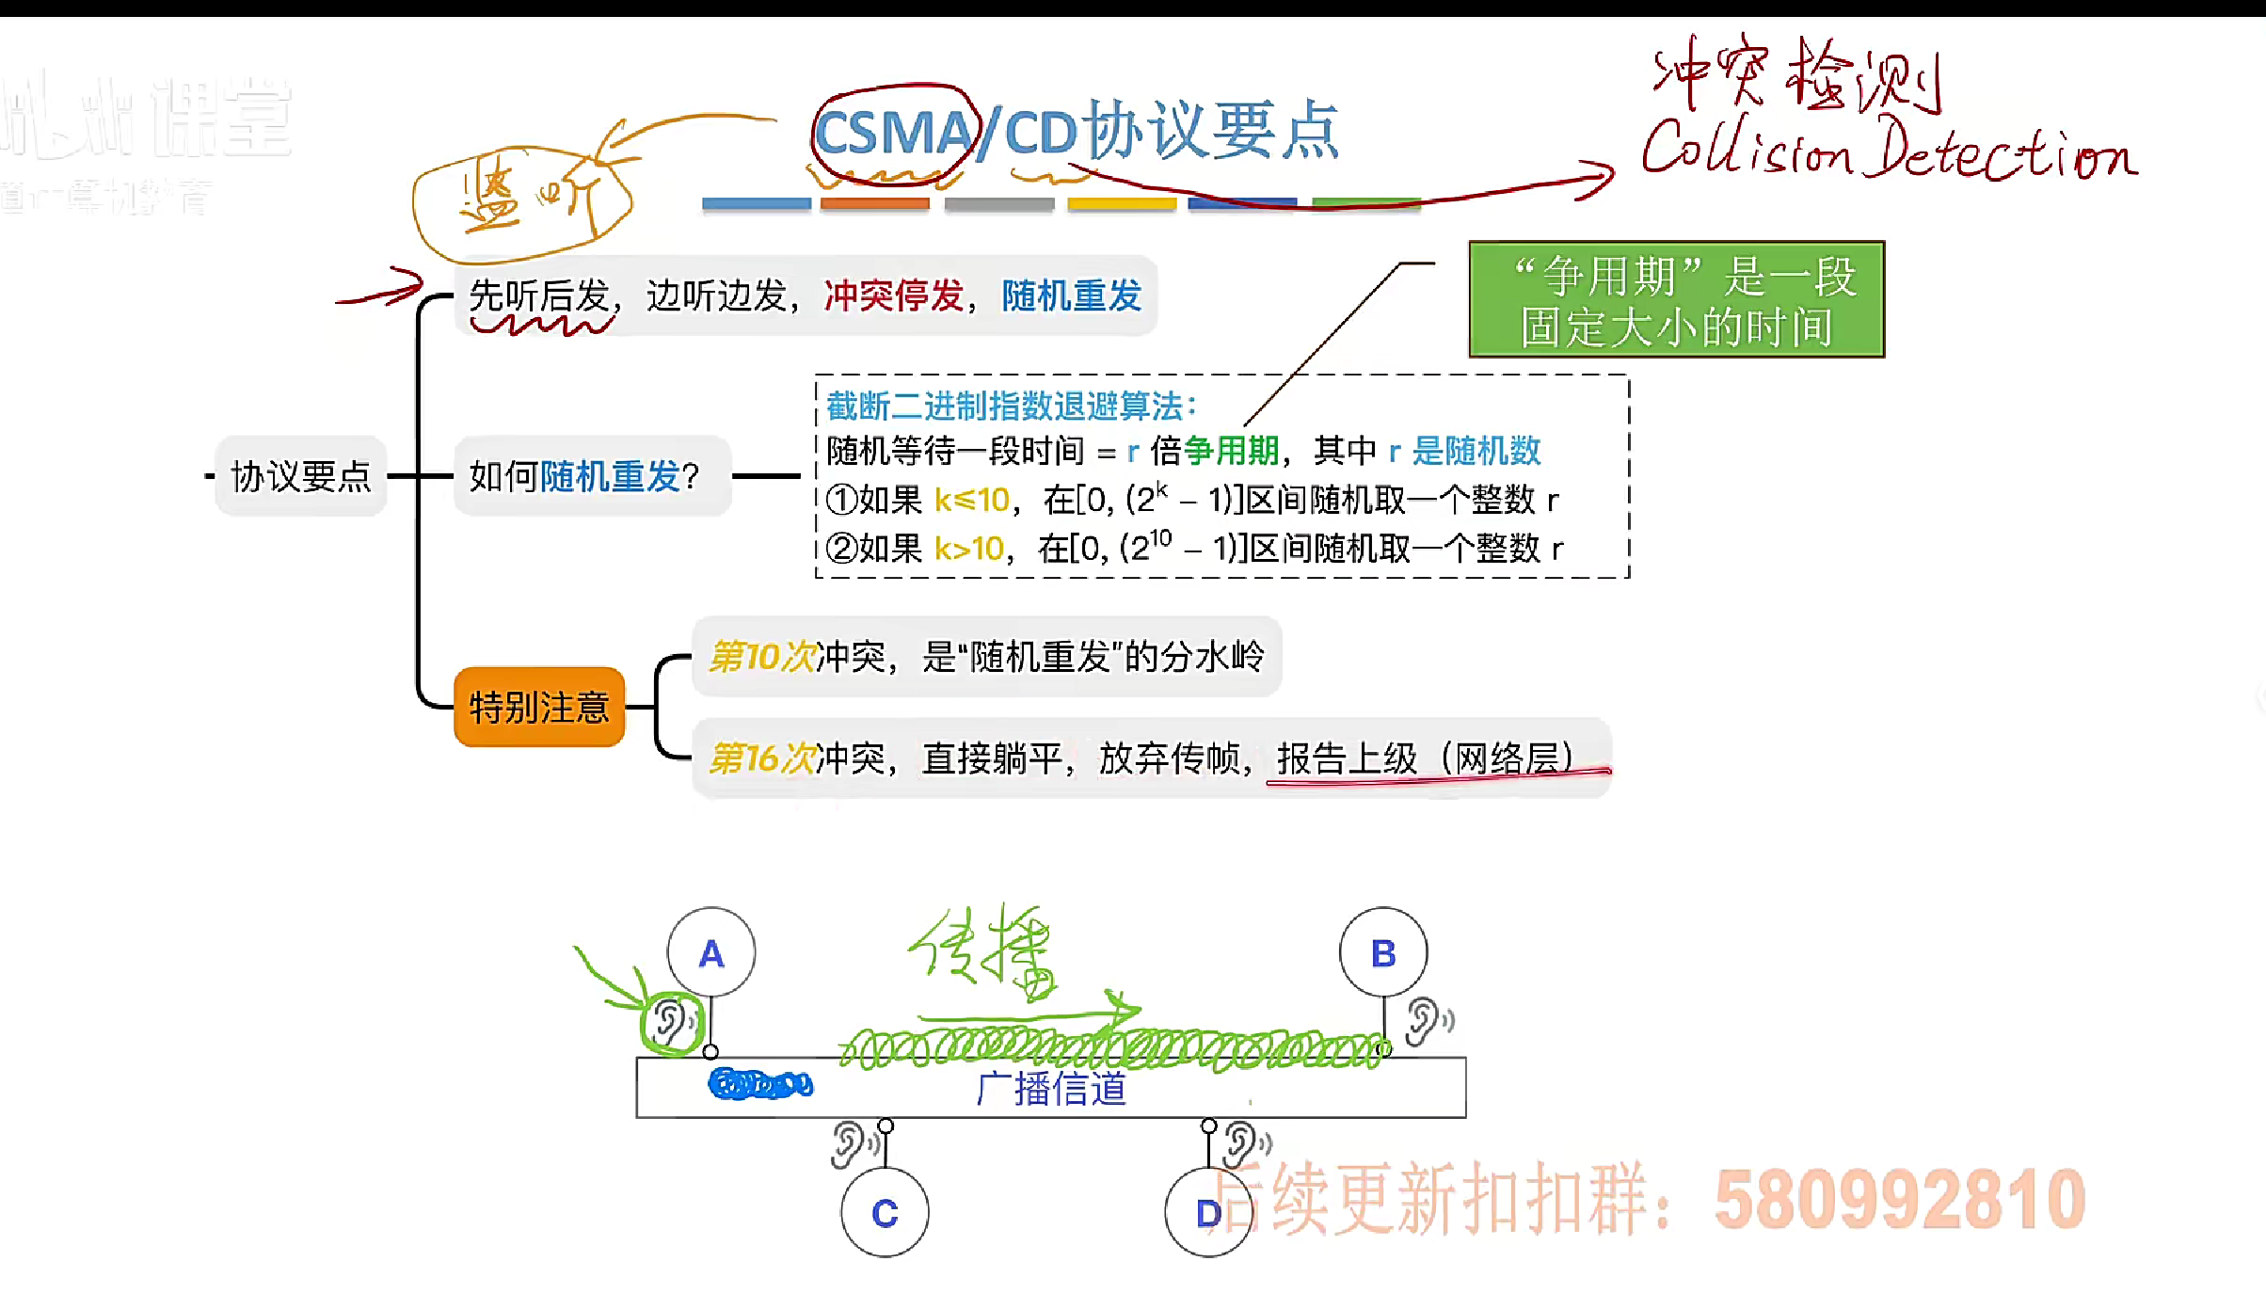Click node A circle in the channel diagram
[710, 952]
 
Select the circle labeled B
[1382, 952]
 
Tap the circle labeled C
[885, 1212]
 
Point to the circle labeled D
[1207, 1212]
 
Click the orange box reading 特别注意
[539, 707]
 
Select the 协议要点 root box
[301, 476]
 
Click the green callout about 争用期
[1676, 300]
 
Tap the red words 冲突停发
[893, 295]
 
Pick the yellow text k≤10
[971, 500]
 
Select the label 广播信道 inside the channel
[1051, 1089]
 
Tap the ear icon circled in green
[671, 1021]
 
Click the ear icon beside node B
[1426, 1021]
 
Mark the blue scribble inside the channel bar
[759, 1084]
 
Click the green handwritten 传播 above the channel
[984, 950]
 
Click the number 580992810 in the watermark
[1899, 1199]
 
